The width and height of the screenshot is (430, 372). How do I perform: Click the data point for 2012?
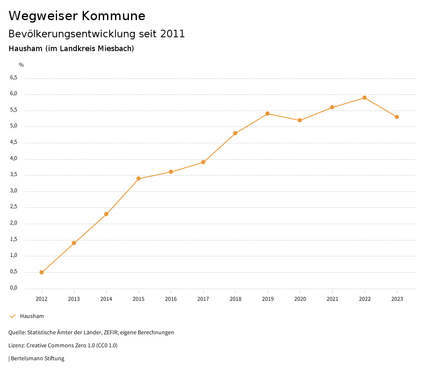(42, 272)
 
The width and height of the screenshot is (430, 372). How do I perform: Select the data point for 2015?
(139, 179)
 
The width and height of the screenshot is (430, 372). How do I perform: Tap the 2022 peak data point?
(364, 98)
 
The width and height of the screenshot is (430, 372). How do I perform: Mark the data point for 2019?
(267, 114)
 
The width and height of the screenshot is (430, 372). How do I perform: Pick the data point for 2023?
(397, 117)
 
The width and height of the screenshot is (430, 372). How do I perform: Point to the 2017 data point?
(203, 162)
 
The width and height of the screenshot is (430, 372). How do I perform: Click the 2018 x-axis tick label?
(235, 299)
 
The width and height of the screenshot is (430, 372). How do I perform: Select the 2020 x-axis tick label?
(300, 299)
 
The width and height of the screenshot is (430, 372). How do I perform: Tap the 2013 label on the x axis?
(74, 299)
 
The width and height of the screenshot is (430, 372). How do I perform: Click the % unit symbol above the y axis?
(21, 65)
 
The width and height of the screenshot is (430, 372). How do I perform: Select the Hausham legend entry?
(32, 316)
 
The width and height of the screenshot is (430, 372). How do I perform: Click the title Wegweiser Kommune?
(77, 16)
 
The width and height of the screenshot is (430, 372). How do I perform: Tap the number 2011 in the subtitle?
(173, 34)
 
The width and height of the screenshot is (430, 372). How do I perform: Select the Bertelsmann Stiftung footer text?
(37, 358)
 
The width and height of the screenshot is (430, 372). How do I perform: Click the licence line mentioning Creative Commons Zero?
(63, 345)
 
